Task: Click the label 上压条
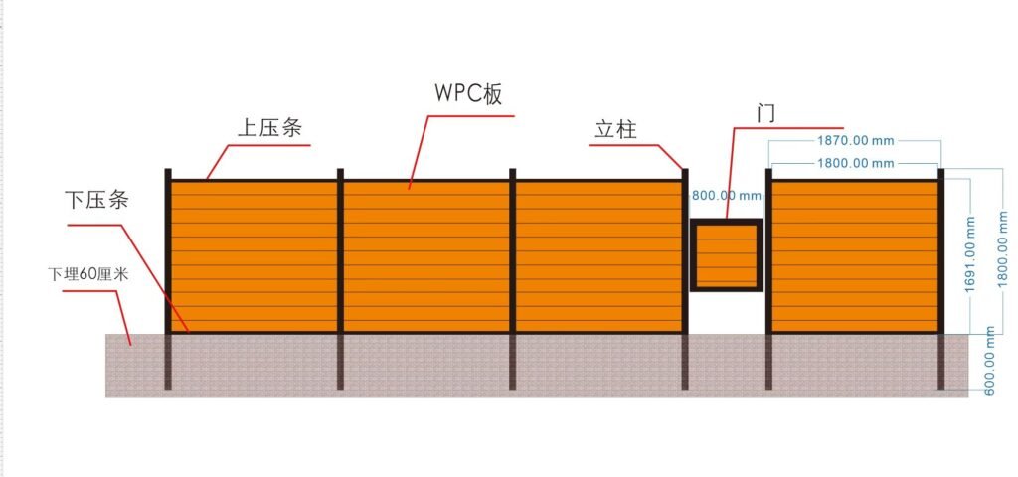[268, 130]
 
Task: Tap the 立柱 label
[615, 129]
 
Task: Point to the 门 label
[764, 112]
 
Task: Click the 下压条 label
[95, 200]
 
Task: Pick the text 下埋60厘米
[88, 273]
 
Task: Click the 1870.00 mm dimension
[854, 141]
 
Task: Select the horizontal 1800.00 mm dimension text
[854, 162]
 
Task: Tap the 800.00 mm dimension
[726, 196]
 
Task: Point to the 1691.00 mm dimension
[969, 255]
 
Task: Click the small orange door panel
[726, 255]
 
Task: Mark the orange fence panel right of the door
[855, 255]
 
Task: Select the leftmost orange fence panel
[254, 255]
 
